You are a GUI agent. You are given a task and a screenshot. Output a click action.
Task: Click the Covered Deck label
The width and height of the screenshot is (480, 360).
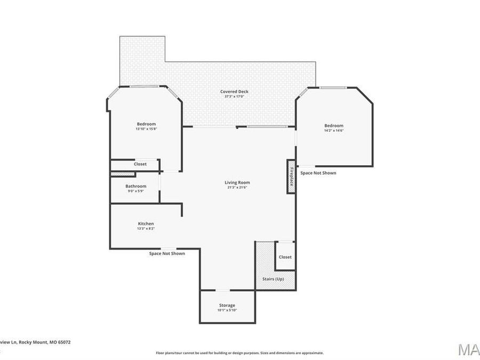234,92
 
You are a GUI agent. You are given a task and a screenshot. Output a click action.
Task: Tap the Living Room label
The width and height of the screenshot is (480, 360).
237,182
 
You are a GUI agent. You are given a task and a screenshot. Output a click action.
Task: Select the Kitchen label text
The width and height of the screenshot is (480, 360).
146,223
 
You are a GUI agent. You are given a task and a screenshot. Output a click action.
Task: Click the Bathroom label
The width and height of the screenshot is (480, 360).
135,186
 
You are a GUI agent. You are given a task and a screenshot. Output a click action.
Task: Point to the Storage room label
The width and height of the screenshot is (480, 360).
227,305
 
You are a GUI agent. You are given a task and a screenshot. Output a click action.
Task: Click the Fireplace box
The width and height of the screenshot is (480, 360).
291,177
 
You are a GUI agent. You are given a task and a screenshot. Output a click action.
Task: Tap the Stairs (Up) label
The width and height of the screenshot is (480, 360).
273,279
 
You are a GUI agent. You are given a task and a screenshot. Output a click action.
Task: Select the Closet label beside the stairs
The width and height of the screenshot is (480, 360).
285,257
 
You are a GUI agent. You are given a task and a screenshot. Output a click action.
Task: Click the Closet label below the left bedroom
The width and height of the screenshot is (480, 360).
140,164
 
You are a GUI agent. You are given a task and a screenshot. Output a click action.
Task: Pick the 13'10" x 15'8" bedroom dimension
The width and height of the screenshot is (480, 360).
146,129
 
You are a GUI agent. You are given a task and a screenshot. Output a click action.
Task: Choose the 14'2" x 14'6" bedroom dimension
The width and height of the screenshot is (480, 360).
334,130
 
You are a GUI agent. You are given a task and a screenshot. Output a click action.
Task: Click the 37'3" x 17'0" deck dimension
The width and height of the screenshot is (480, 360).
234,97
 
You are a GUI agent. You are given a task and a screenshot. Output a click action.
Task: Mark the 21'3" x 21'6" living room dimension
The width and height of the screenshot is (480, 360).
237,188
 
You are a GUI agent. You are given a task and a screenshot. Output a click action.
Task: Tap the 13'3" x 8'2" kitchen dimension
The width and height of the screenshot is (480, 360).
146,229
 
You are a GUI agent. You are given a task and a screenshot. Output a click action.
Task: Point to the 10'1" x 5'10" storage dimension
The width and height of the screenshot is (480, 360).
227,310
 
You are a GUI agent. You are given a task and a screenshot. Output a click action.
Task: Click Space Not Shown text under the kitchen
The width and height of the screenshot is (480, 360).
167,253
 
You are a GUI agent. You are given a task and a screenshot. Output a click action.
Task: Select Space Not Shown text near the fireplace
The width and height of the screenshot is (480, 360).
318,173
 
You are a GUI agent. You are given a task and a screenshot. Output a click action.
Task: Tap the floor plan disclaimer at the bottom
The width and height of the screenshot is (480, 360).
239,353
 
